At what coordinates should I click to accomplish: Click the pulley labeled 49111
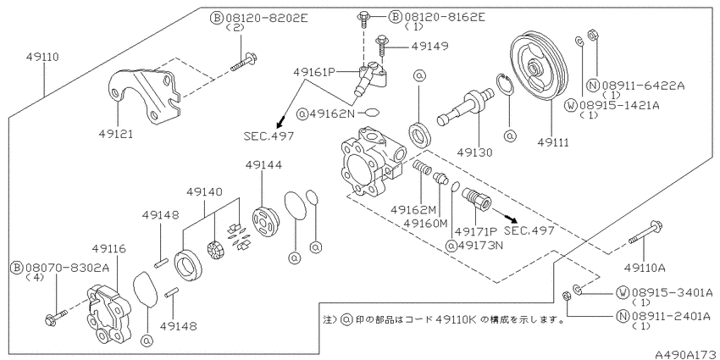tap(539, 68)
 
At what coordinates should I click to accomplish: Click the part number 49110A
tap(645, 268)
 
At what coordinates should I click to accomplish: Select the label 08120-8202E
tap(266, 18)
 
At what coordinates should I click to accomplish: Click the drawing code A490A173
tap(686, 354)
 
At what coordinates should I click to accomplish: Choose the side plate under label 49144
tap(265, 223)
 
